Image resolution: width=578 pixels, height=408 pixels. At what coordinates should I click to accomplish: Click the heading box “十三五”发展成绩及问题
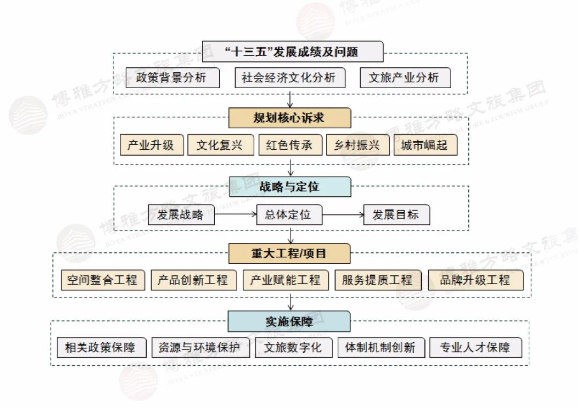point(292,52)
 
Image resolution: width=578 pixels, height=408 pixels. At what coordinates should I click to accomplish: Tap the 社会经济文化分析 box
point(289,78)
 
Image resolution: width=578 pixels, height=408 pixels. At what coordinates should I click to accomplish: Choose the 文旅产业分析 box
point(404,78)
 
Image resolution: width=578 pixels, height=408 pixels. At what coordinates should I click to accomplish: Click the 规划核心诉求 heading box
point(290,118)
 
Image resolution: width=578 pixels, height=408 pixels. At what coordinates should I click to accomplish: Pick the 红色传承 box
point(290,145)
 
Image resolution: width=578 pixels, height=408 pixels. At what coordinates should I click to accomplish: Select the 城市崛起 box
point(425,145)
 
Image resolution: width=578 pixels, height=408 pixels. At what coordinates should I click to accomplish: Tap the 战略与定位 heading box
point(290,187)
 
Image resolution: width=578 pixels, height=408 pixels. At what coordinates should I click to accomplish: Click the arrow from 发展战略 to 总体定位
point(235,215)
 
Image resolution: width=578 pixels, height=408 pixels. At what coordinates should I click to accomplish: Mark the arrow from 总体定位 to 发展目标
point(343,215)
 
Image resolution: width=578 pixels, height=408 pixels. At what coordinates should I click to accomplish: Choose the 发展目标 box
point(396,215)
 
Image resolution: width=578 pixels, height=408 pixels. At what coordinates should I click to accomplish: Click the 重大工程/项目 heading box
point(290,253)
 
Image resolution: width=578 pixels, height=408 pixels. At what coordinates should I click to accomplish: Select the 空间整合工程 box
point(102,280)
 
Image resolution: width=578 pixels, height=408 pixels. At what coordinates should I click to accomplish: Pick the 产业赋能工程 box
point(286,280)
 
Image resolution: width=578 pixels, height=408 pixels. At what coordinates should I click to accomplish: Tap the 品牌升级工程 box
point(475,280)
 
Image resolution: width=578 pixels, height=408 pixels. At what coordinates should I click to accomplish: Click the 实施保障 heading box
point(290,321)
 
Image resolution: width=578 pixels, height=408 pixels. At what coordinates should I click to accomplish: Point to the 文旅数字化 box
point(293,348)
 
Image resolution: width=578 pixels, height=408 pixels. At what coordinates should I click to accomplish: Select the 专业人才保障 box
point(475,348)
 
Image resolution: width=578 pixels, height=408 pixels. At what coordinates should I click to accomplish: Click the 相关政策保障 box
point(100,348)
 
